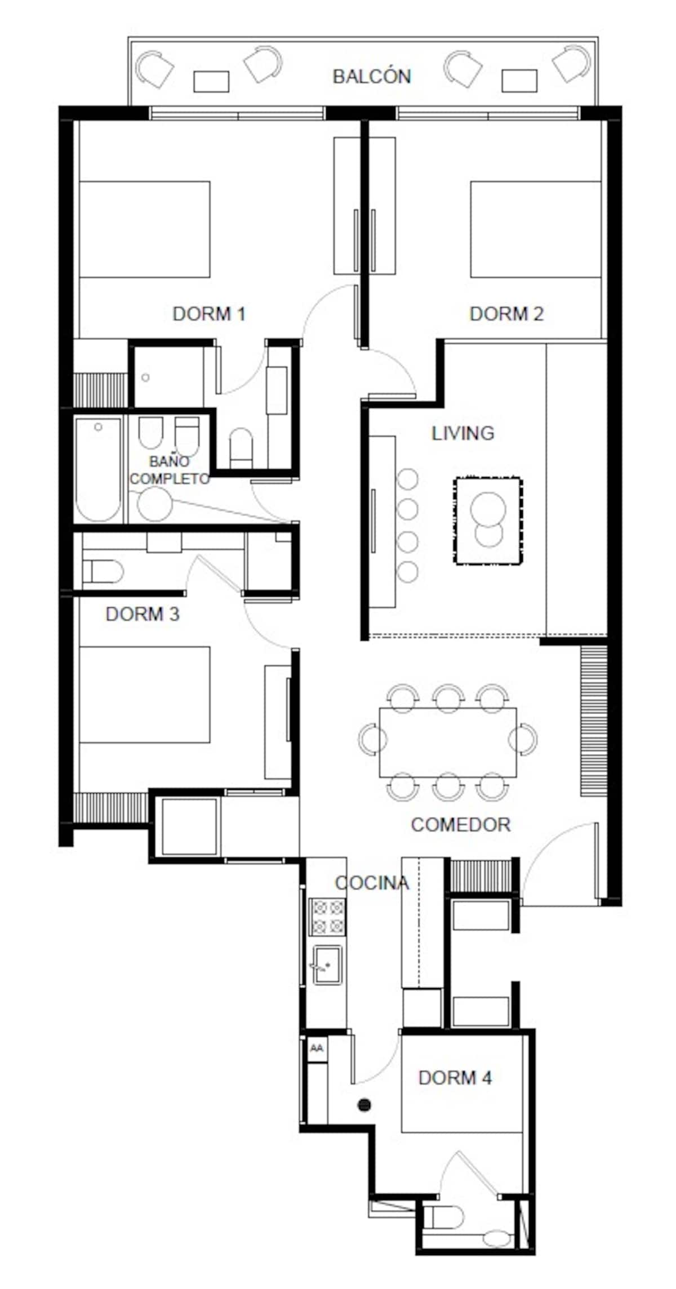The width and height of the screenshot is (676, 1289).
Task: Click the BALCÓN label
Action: tap(372, 76)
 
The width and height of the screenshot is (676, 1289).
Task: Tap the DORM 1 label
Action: tap(209, 314)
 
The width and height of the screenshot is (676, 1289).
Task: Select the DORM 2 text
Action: tap(506, 314)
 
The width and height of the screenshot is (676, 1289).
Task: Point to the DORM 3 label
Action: tap(143, 614)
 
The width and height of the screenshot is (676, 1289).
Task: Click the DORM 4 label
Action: tap(455, 1078)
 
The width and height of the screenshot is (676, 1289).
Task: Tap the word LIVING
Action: tap(463, 433)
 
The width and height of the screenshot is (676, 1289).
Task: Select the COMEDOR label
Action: tap(461, 825)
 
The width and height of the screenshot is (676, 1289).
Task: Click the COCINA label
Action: tap(372, 883)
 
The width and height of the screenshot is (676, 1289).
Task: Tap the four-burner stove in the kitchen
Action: tap(328, 917)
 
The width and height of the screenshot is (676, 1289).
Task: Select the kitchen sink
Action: tap(327, 964)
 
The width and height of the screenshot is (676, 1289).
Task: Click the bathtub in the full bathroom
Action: tap(99, 470)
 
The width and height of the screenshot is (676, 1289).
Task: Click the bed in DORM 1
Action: tap(145, 229)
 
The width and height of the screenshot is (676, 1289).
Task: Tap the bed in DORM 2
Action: tap(536, 229)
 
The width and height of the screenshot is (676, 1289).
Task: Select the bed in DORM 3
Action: tap(145, 695)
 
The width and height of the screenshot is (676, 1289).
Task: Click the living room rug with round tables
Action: tap(488, 521)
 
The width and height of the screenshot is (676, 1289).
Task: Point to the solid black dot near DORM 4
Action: tap(364, 1105)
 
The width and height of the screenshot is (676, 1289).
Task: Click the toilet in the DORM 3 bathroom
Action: tap(103, 571)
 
